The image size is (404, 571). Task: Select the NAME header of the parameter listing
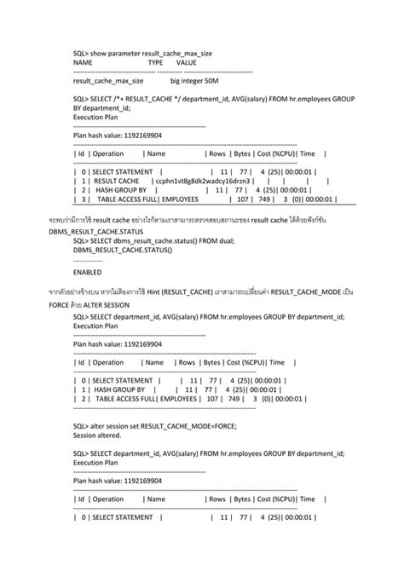pyautogui.click(x=83, y=63)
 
